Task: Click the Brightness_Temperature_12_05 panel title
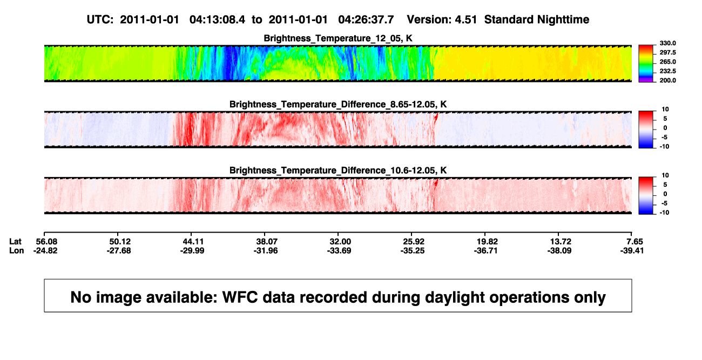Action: click(x=338, y=38)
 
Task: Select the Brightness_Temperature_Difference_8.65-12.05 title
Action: click(x=338, y=104)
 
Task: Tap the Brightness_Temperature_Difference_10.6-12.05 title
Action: click(x=338, y=171)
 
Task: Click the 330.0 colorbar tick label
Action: click(x=667, y=43)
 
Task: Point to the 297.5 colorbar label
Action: click(x=667, y=52)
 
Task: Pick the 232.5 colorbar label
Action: click(x=667, y=71)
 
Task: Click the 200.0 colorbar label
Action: click(x=667, y=80)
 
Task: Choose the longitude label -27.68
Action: click(x=119, y=250)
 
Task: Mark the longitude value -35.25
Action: click(x=413, y=250)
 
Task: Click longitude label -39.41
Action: click(x=632, y=250)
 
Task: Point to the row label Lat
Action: click(x=15, y=242)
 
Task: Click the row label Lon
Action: click(x=17, y=250)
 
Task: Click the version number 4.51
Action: click(x=466, y=20)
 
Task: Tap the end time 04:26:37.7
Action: click(x=366, y=20)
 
